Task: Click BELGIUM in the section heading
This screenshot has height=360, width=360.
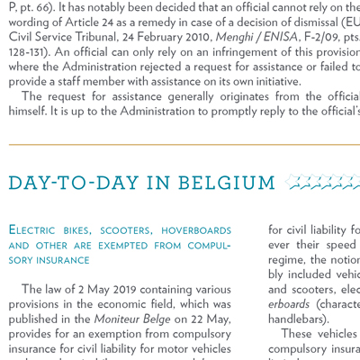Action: click(226, 183)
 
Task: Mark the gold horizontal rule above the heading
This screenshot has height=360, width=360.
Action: click(180, 145)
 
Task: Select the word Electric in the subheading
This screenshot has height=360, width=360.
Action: click(35, 230)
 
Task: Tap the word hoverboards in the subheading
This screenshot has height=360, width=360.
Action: click(195, 230)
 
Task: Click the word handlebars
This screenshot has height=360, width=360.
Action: click(296, 319)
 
